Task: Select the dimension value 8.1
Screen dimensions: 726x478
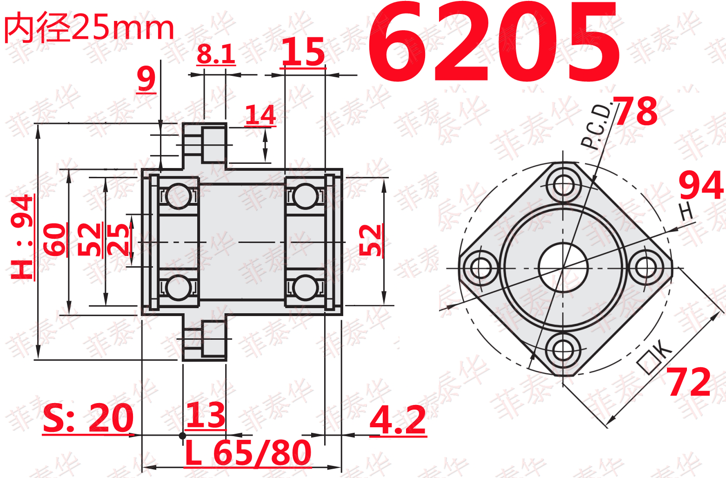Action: coord(216,54)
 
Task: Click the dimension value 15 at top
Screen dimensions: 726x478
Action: coord(303,52)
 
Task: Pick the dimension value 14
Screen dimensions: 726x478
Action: coord(260,115)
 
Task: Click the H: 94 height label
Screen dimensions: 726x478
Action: coord(22,237)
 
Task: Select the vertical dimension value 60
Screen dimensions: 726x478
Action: coord(54,239)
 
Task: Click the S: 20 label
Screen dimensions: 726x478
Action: coord(88,418)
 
